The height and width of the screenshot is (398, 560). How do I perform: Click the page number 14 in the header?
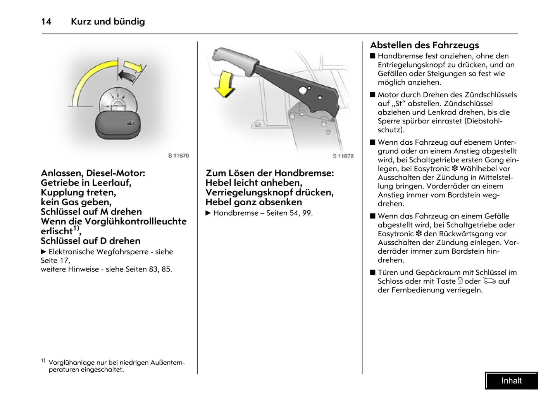(x=46, y=22)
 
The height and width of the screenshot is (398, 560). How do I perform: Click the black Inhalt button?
(x=511, y=381)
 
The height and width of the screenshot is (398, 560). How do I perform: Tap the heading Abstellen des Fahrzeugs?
(x=424, y=45)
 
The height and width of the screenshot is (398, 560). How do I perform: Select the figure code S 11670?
(x=178, y=156)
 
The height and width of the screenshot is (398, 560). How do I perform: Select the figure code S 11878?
(x=343, y=156)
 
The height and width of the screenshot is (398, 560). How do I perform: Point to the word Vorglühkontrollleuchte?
(x=135, y=221)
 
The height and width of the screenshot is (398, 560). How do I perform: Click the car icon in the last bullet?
(x=489, y=281)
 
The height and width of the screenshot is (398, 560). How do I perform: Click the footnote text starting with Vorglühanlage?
(x=116, y=366)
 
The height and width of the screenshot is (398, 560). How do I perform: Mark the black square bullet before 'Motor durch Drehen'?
(x=373, y=95)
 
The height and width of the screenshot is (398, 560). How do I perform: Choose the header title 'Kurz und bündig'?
(x=108, y=22)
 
